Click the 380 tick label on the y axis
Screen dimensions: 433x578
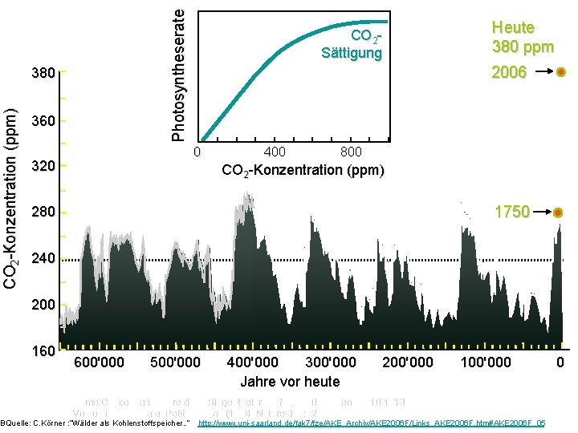43,74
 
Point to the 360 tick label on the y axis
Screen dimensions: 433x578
43,121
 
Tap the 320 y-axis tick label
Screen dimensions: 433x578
43,168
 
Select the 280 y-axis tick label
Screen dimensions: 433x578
43,213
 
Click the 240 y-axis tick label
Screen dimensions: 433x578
43,260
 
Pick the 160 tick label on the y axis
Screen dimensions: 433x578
43,351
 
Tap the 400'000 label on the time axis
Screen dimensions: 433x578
253,362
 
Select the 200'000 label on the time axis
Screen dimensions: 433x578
408,362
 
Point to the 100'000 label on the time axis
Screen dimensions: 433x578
485,362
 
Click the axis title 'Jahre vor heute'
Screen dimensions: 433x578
290,382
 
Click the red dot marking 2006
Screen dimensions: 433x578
560,72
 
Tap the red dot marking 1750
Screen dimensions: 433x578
559,212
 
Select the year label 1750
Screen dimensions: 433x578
511,212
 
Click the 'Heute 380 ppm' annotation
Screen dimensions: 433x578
523,37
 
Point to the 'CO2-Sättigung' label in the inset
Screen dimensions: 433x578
352,45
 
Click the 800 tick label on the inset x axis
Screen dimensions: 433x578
351,152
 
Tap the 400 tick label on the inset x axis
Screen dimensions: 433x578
275,152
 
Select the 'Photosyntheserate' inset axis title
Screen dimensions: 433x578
181,72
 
